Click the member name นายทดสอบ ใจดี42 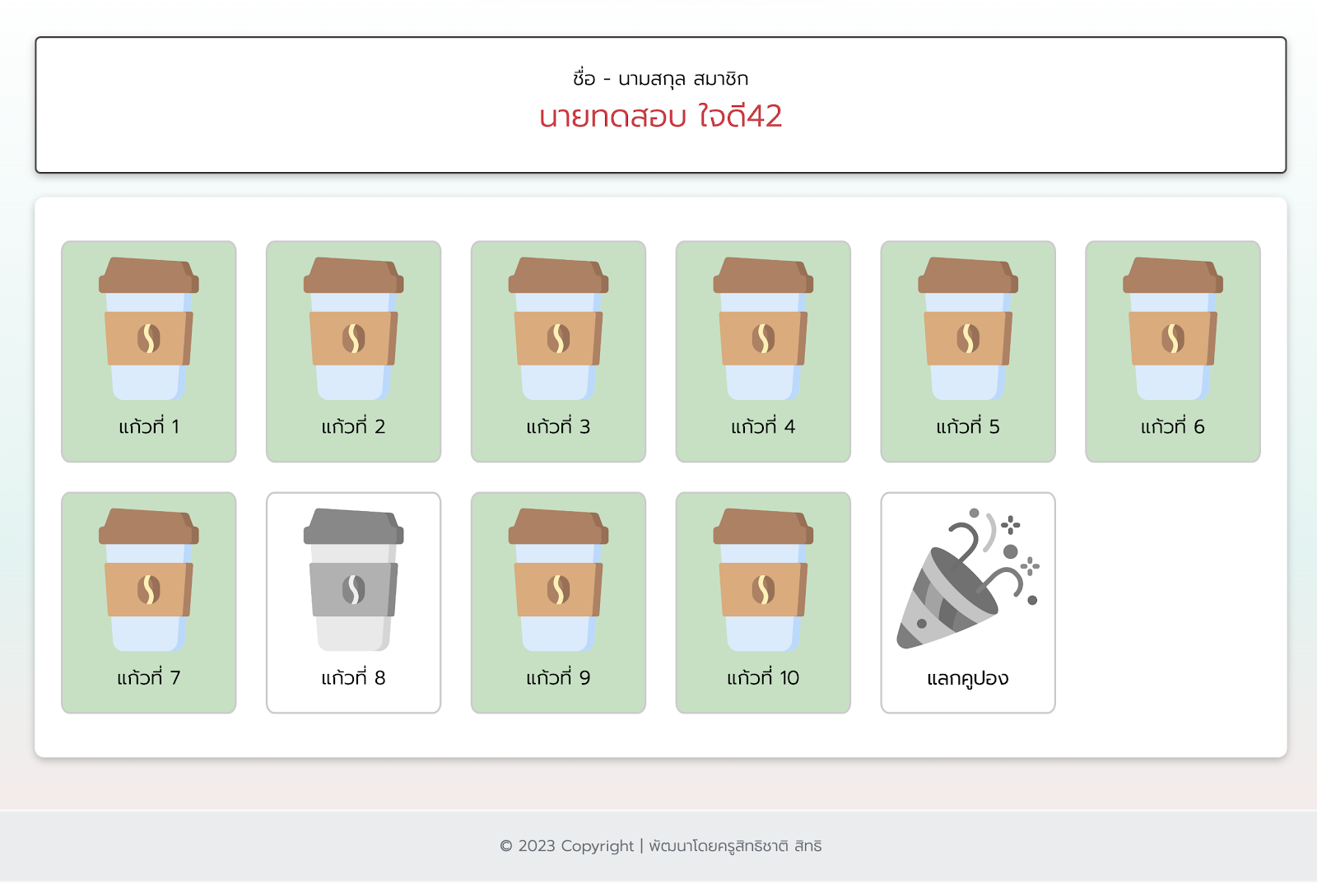point(660,116)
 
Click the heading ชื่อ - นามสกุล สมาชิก point(660,78)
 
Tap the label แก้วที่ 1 point(149,425)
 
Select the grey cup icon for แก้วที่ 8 point(353,579)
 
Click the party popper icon point(967,579)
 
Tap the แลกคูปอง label point(968,678)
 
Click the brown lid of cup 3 point(558,275)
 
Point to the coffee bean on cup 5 point(968,338)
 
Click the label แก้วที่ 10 point(763,677)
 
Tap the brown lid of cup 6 point(1172,275)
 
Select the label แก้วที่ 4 point(763,425)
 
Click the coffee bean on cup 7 point(149,590)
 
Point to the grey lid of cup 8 point(353,526)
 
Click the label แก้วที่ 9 point(558,677)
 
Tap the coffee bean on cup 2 point(353,338)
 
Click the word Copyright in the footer point(598,846)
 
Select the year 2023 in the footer point(537,846)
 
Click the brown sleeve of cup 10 point(763,589)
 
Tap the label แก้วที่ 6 point(1172,425)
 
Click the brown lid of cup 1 point(149,275)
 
